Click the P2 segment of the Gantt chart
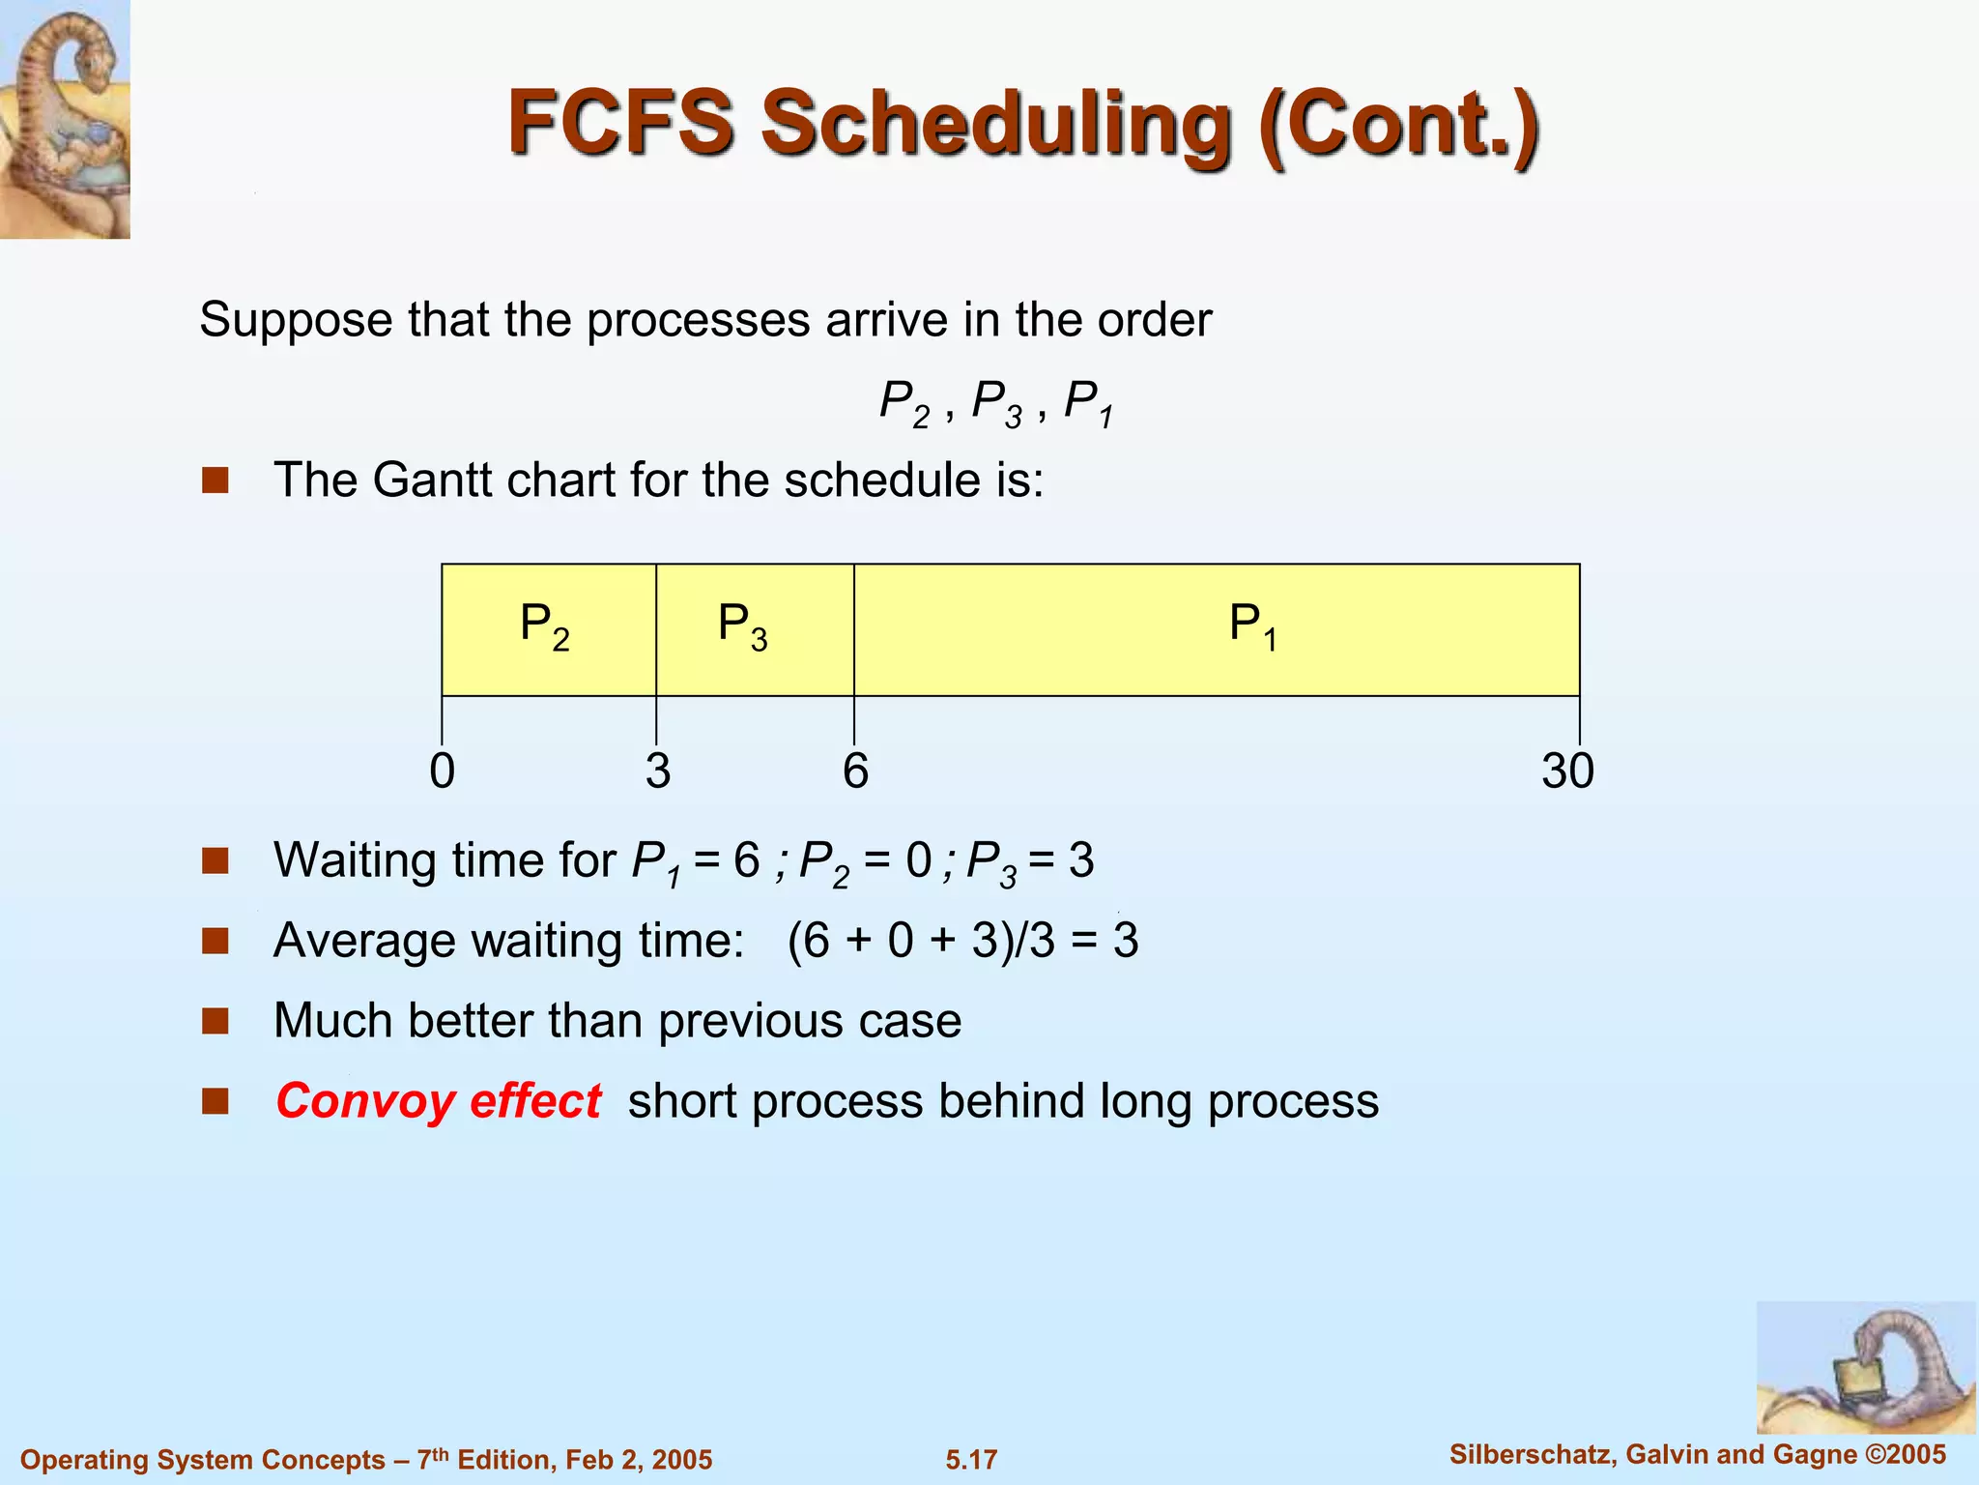(548, 628)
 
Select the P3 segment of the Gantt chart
(755, 628)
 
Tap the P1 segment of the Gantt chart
(1216, 628)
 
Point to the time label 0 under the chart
(442, 772)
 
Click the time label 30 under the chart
(1567, 772)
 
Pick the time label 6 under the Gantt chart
(855, 772)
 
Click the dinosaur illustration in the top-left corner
(65, 118)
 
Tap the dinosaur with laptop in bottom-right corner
(1864, 1367)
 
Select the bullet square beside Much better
(215, 1021)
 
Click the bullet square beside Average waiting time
(215, 941)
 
